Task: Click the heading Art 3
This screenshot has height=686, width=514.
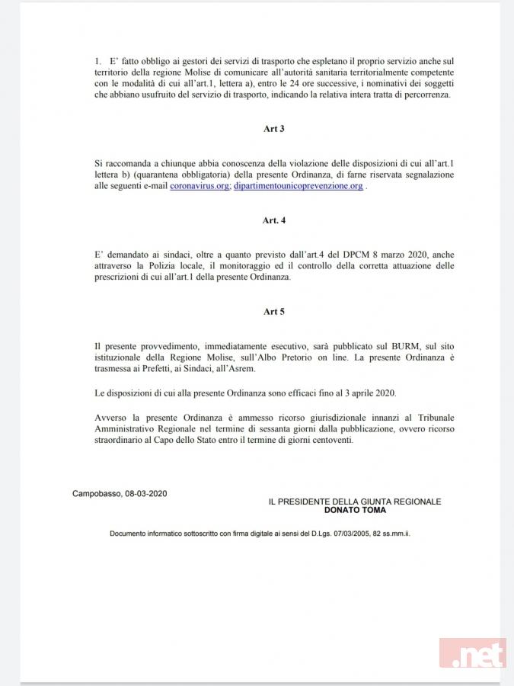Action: click(x=274, y=130)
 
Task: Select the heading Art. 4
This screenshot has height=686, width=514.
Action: click(x=274, y=220)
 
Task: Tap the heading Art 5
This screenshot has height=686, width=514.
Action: click(x=274, y=312)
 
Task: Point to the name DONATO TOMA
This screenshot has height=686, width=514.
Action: click(x=355, y=510)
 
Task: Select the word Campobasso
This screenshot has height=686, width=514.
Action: click(x=97, y=493)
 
